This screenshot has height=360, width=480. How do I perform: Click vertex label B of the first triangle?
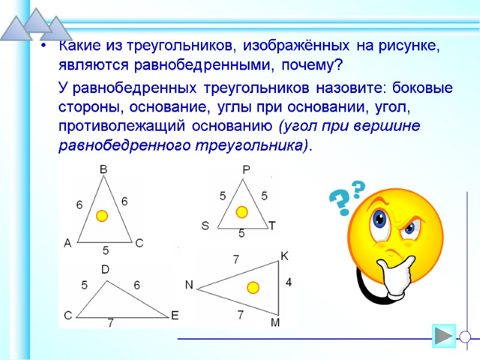tap(103, 170)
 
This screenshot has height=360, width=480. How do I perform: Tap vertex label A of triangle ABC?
tap(67, 243)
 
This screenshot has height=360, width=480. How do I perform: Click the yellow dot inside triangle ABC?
tap(102, 215)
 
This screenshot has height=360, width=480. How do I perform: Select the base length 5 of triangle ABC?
tap(106, 250)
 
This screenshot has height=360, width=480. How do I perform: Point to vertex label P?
tap(246, 170)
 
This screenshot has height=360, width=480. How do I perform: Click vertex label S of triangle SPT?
tap(205, 226)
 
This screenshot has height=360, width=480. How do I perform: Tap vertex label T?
tap(272, 226)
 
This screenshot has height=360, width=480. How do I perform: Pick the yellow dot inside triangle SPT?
tap(242, 212)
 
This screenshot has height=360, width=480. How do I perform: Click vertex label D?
tap(104, 270)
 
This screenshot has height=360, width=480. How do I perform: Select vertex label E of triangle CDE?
tap(175, 316)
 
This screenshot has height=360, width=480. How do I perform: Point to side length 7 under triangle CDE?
tap(110, 323)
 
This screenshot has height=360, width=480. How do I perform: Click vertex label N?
tap(189, 286)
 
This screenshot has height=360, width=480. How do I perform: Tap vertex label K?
tap(284, 256)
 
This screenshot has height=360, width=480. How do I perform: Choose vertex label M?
tap(275, 323)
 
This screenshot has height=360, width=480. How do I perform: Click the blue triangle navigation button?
tap(444, 336)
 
